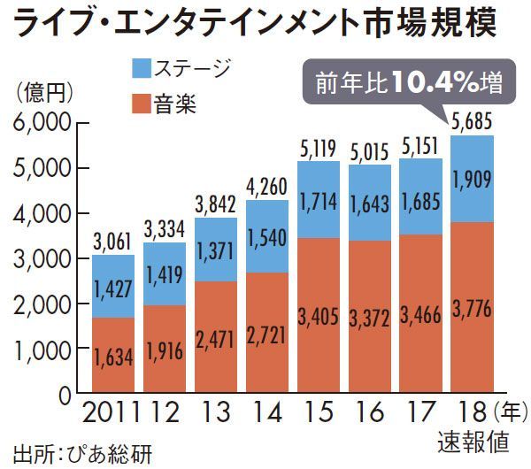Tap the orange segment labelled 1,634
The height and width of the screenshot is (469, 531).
(x=113, y=357)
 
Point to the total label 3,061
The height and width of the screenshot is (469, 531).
(x=112, y=241)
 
